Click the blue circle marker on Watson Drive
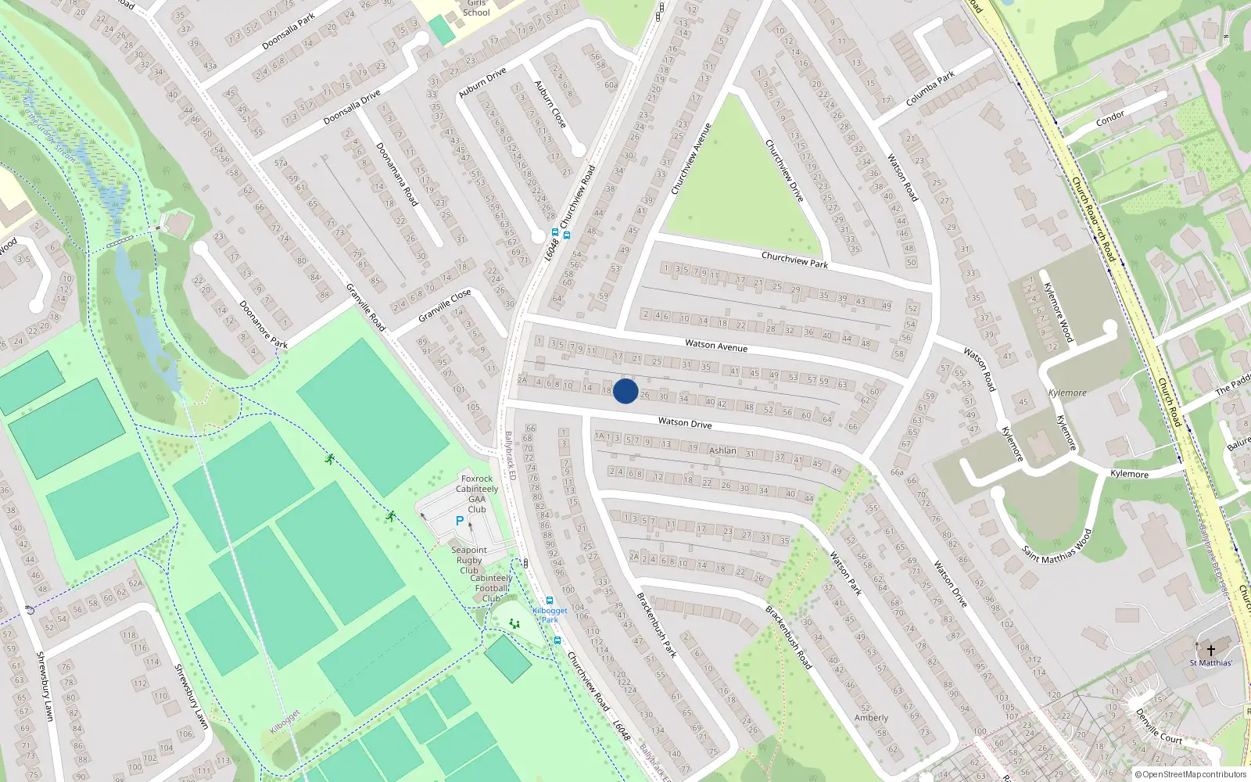[x=625, y=391]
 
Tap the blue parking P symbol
[x=460, y=521]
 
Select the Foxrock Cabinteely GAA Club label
[x=477, y=494]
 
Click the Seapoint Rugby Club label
[x=469, y=560]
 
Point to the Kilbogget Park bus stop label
[x=550, y=615]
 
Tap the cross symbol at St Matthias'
[x=1211, y=651]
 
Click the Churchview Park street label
[x=794, y=260]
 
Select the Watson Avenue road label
[x=716, y=345]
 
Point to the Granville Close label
[x=444, y=306]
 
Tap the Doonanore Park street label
[x=263, y=325]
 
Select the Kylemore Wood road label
[x=1058, y=312]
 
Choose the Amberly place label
[x=871, y=718]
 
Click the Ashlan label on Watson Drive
[x=722, y=450]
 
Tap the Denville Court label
[x=1158, y=726]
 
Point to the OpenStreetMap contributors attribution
[x=1191, y=775]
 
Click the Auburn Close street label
[x=550, y=104]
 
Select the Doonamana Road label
[x=397, y=174]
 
